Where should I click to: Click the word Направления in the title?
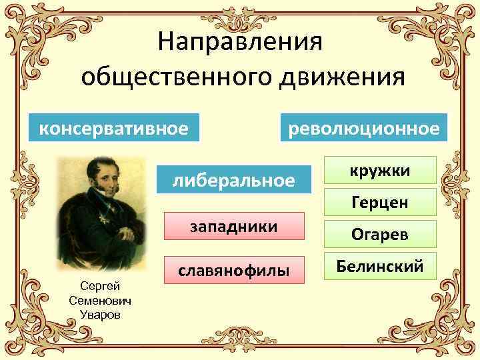click(240, 41)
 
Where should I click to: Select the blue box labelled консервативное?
click(114, 127)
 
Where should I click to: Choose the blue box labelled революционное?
click(363, 127)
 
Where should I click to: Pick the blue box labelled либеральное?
click(233, 179)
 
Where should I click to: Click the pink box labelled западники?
click(234, 227)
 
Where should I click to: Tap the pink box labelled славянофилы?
click(233, 271)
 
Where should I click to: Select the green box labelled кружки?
click(381, 171)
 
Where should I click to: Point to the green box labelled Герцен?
click(381, 202)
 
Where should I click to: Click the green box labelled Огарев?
click(381, 235)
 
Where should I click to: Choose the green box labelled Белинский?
click(381, 267)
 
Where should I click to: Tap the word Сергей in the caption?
click(100, 286)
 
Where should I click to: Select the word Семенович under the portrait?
click(100, 300)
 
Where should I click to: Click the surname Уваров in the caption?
click(100, 314)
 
